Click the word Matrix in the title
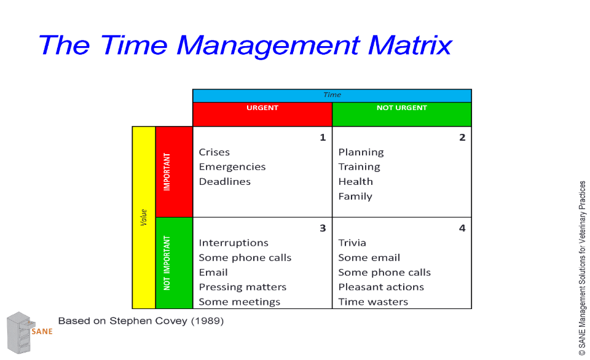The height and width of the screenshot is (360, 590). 410,45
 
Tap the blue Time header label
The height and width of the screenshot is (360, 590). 332,95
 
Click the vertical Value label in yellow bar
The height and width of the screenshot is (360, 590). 143,217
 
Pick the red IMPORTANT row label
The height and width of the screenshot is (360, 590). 167,171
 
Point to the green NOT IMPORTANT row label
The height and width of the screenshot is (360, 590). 167,263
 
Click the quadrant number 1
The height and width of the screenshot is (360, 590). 323,138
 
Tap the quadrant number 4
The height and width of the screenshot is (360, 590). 462,228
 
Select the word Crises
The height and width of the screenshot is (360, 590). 214,152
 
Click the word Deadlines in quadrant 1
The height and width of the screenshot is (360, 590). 225,181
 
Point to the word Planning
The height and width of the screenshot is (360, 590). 361,152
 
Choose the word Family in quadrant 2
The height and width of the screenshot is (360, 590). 355,197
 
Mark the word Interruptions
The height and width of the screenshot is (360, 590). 234,243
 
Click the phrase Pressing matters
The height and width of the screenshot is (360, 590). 243,287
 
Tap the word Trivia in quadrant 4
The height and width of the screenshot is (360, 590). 352,243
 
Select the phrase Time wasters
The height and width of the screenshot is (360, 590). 373,302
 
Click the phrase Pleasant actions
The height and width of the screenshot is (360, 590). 381,287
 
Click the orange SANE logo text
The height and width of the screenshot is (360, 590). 42,331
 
